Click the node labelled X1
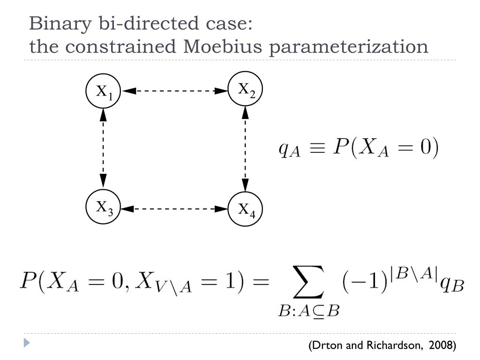point(103,91)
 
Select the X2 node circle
point(245,90)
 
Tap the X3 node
point(104,207)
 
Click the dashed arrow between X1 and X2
point(174,91)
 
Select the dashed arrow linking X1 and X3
point(103,149)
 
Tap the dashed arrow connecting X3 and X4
point(174,208)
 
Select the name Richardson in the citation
point(392,345)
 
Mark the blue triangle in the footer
point(27,343)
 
